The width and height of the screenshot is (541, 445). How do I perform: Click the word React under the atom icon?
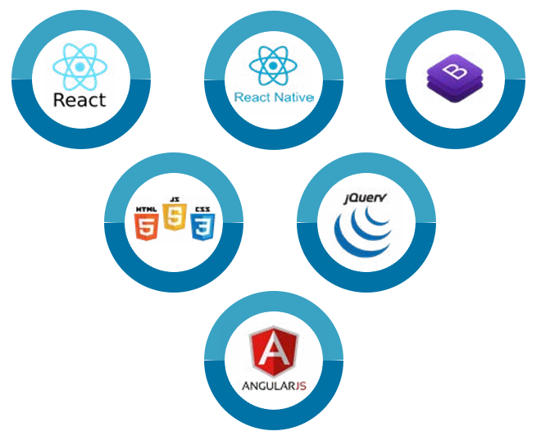(x=80, y=100)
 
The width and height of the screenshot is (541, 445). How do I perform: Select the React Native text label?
(x=274, y=97)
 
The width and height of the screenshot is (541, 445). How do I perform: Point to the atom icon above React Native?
(x=272, y=65)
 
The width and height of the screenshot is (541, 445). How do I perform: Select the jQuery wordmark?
(x=366, y=198)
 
